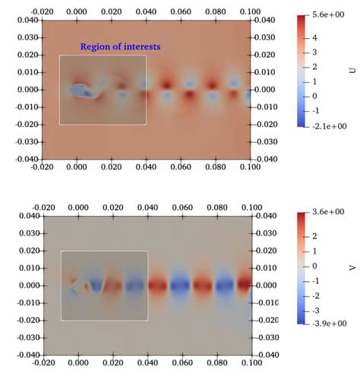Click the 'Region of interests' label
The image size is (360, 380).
point(120,47)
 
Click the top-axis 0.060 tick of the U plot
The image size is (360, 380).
point(179,13)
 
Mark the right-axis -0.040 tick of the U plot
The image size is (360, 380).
point(264,159)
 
